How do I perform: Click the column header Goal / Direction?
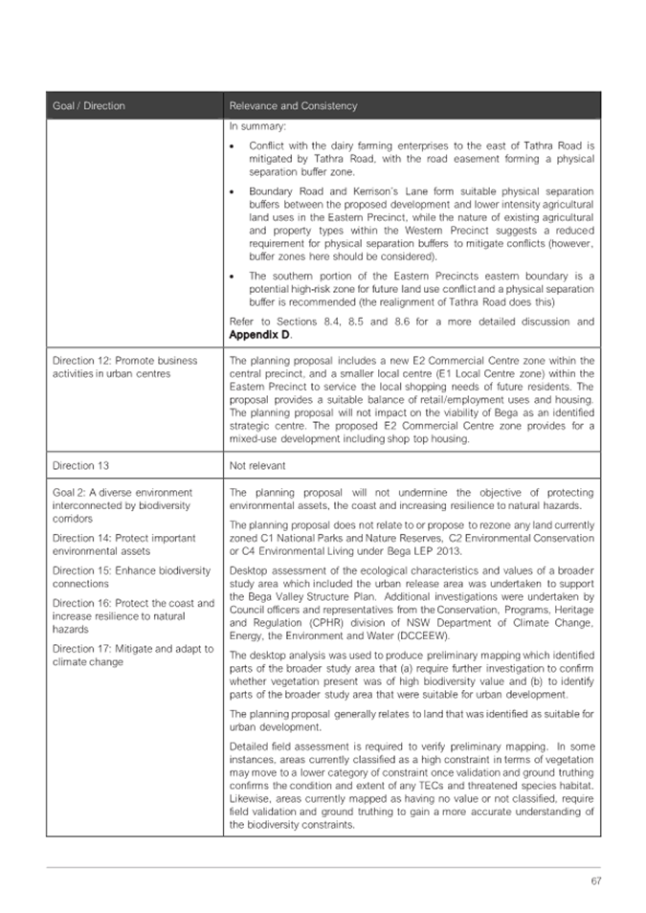[90, 105]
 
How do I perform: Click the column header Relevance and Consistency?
[292, 105]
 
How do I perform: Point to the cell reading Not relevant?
[258, 465]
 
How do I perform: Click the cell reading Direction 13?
[81, 465]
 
